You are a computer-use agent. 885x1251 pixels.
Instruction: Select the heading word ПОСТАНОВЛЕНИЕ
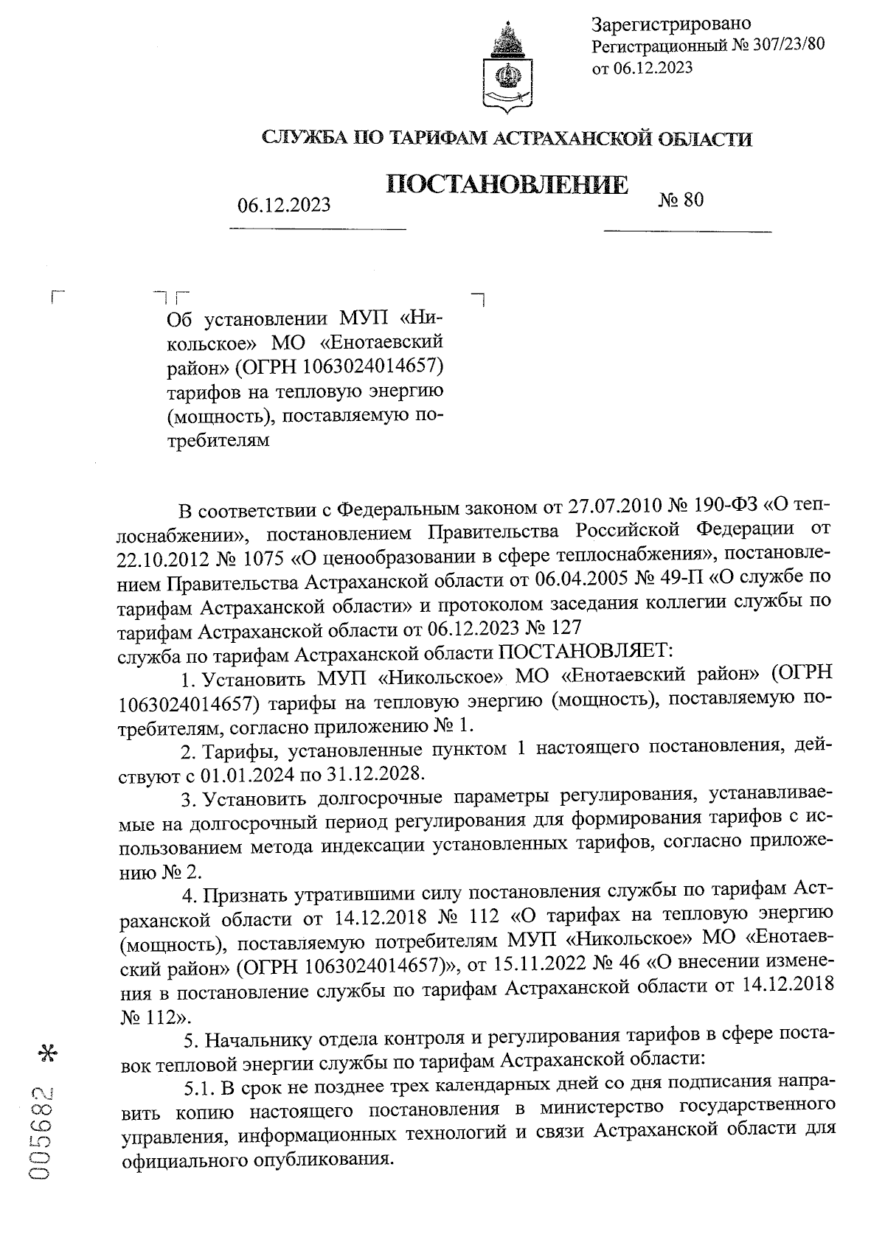tap(508, 184)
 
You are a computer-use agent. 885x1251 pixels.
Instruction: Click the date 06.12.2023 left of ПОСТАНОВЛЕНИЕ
tap(284, 205)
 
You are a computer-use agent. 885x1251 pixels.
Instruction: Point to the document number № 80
tap(680, 200)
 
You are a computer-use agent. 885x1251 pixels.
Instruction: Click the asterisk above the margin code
tap(52, 1052)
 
